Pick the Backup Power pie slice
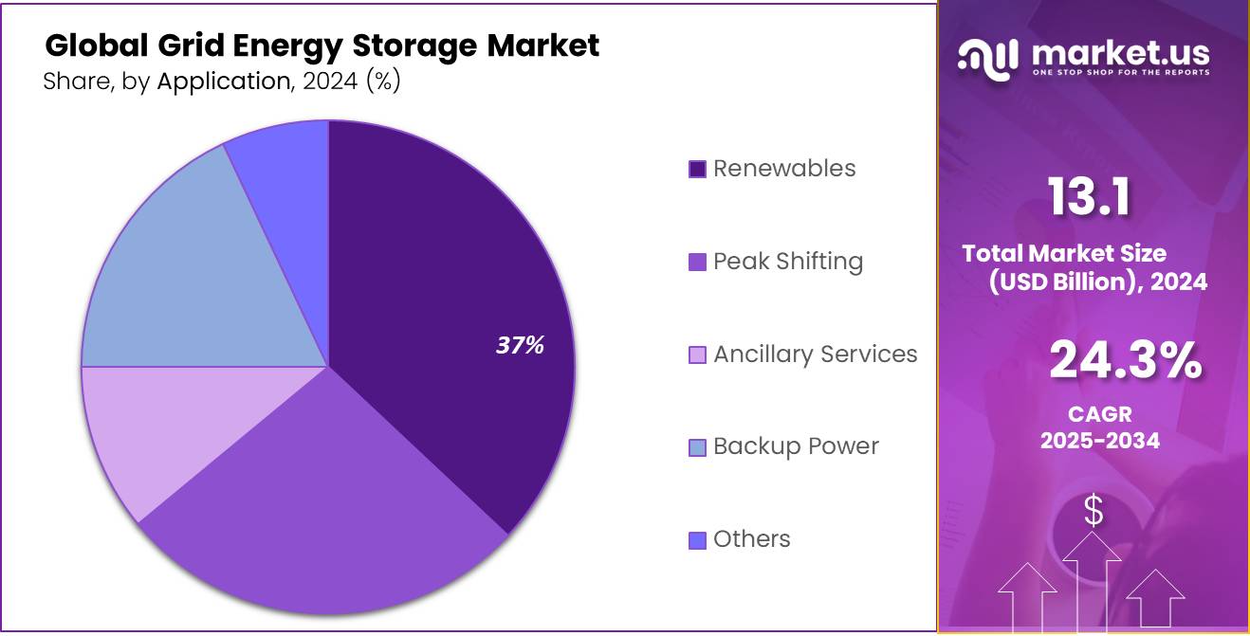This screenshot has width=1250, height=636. [180, 275]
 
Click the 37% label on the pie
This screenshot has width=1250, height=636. [520, 346]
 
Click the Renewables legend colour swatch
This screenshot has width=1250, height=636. [697, 170]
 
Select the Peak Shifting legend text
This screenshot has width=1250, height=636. [787, 262]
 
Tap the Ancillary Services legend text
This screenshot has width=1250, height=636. [815, 354]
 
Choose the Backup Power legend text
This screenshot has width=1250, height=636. [796, 446]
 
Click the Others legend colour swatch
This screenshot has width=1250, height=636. [697, 540]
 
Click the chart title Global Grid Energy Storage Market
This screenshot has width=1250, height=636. [322, 45]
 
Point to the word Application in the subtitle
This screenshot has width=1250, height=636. [223, 82]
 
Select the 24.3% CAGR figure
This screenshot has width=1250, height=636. [1126, 361]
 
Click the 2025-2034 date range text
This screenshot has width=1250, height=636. [1099, 441]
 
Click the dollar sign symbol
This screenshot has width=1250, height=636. [1094, 512]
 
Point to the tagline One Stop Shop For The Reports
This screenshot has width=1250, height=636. [1120, 73]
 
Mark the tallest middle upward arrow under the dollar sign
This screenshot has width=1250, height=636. [1093, 578]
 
